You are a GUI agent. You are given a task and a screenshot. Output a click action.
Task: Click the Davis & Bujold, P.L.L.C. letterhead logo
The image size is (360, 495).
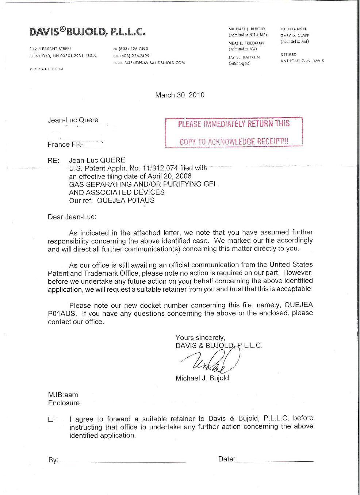tap(87, 32)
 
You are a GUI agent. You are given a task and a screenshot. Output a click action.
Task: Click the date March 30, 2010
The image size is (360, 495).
tap(180, 95)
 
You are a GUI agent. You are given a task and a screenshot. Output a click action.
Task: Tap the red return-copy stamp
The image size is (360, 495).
tap(234, 132)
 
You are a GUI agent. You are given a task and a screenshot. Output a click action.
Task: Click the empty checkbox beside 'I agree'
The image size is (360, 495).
tap(51, 419)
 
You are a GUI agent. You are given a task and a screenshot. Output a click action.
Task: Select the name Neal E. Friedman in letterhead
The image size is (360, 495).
tap(246, 43)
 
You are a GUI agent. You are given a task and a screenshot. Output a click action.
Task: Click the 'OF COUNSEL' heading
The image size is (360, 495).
tap(294, 29)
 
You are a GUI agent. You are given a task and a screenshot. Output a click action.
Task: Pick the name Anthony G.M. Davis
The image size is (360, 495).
tap(302, 61)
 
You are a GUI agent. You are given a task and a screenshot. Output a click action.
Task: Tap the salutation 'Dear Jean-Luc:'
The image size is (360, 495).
tap(72, 217)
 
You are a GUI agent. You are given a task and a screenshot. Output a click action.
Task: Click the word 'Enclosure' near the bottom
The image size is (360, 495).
tap(64, 403)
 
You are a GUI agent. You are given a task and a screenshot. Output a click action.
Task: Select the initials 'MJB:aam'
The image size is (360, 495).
tap(63, 395)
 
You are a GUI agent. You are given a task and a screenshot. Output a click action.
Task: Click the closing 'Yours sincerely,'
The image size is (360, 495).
tap(200, 337)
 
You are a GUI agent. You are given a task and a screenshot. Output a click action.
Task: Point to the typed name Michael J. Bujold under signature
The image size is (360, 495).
tap(202, 378)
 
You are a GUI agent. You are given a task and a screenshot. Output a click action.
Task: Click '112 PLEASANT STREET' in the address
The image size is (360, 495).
tap(50, 49)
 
